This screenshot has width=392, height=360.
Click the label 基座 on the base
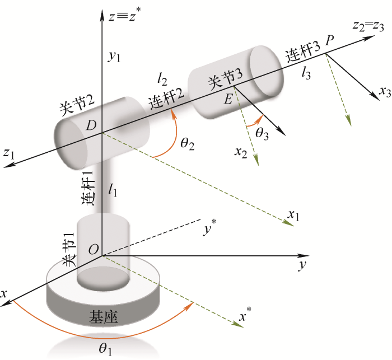tap(103, 317)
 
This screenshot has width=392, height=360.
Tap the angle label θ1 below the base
tap(105, 349)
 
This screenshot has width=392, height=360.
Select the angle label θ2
tap(188, 144)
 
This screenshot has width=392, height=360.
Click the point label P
tap(330, 40)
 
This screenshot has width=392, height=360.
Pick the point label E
tap(228, 99)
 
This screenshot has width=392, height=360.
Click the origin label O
tap(94, 249)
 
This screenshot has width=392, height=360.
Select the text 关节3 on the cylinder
tap(226, 80)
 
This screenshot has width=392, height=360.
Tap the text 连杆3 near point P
tap(303, 52)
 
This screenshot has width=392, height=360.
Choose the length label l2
tap(162, 80)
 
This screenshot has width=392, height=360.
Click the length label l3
tap(306, 73)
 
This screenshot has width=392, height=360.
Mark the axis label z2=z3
tap(368, 26)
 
